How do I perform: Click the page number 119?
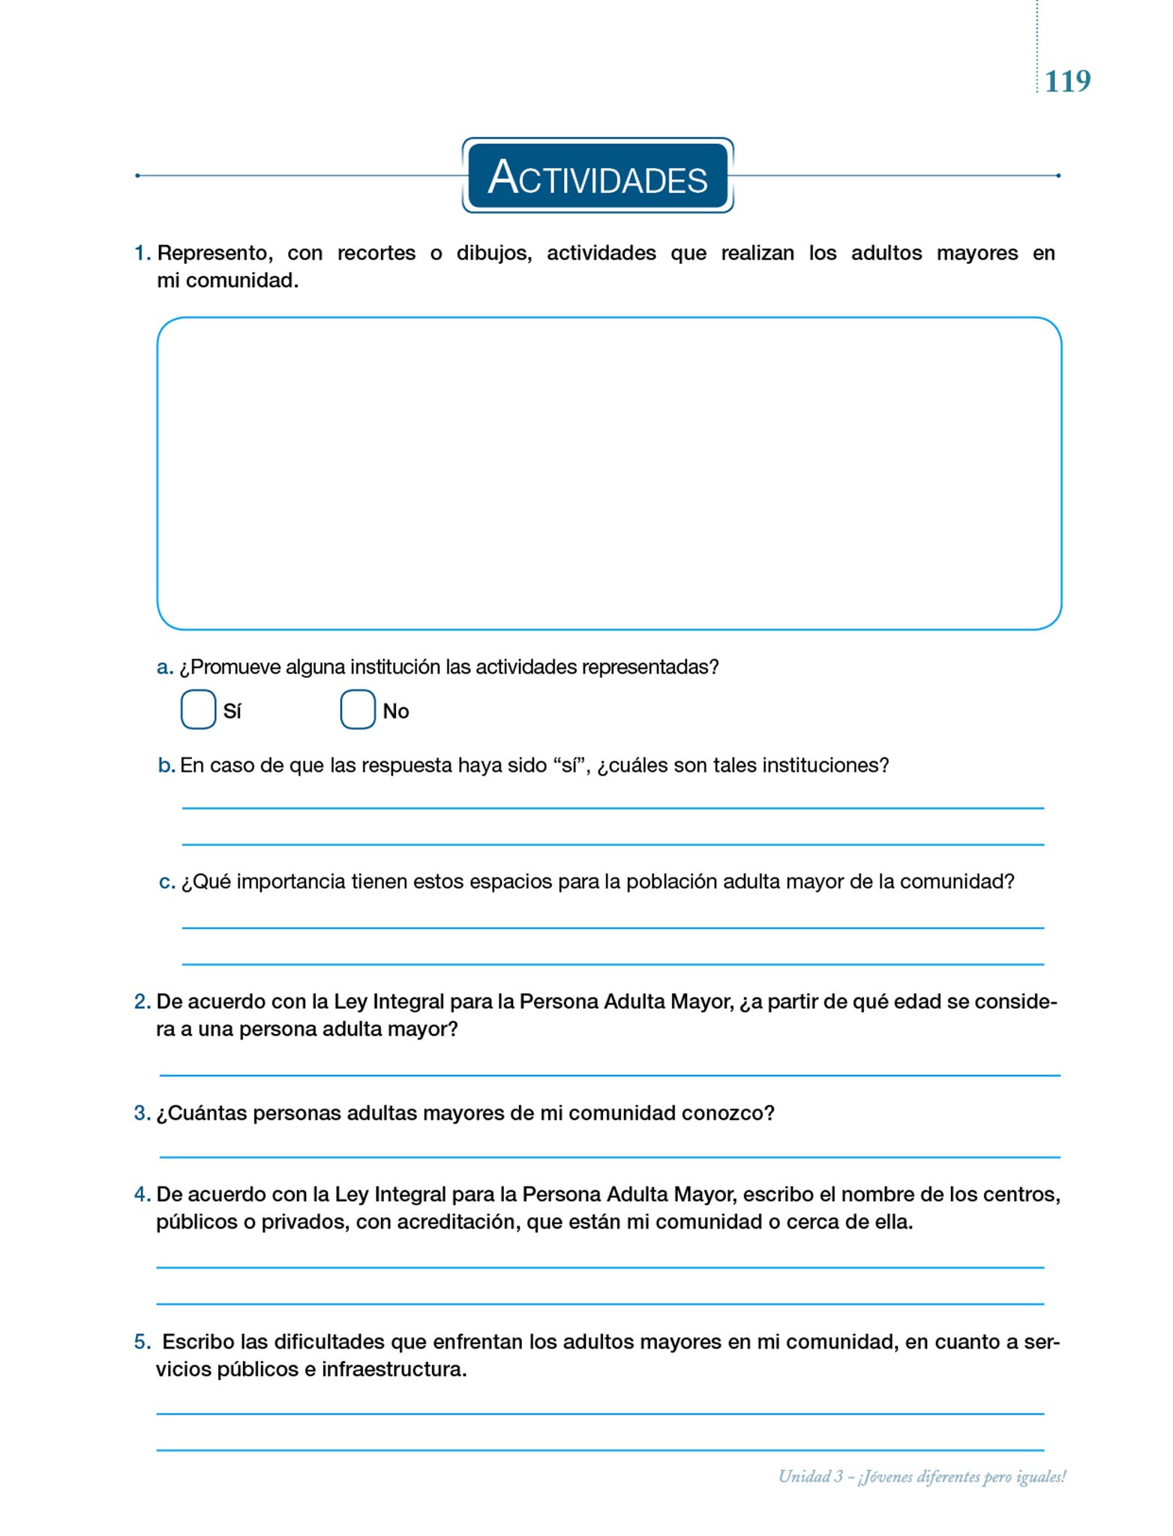click(1067, 81)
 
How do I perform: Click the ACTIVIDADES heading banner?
click(597, 176)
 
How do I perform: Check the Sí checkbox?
click(198, 709)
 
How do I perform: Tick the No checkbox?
click(358, 709)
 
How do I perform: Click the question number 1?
click(142, 253)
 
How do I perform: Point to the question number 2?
click(142, 1002)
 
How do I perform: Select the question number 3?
click(142, 1113)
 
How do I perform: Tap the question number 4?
click(142, 1195)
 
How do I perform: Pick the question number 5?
click(142, 1342)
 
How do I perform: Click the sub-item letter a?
click(164, 667)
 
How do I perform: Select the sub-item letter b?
click(166, 766)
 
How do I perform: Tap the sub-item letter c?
click(166, 882)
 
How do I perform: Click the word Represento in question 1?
click(214, 253)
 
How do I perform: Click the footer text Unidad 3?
click(810, 1477)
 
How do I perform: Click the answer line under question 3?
click(609, 1156)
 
